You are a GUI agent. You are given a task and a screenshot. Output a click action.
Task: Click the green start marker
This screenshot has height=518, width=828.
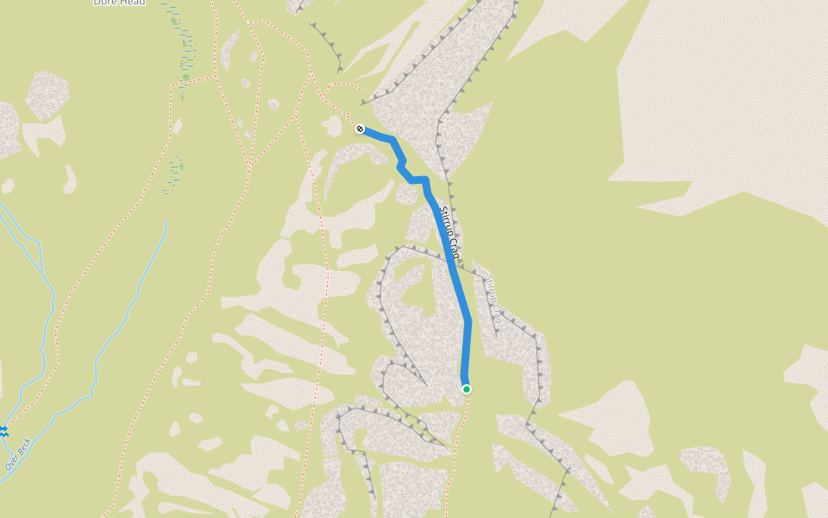(x=467, y=389)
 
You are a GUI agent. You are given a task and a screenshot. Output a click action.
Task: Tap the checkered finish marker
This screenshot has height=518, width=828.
(x=360, y=129)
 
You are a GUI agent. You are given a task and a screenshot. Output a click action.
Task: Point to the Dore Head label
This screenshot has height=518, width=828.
(x=120, y=3)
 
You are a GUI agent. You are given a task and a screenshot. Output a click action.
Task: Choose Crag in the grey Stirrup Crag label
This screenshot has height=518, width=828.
(x=496, y=314)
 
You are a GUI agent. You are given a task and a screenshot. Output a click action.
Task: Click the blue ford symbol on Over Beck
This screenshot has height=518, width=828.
(x=3, y=429)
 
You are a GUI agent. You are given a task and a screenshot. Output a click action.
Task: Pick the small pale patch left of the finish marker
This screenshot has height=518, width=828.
(x=333, y=126)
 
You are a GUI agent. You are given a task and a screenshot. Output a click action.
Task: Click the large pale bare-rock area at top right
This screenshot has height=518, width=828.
(x=724, y=104)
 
